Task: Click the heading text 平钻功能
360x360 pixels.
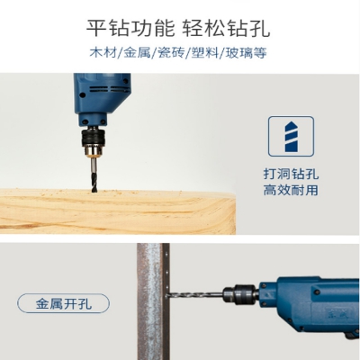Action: point(130,28)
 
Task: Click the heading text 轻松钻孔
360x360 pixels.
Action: point(226,28)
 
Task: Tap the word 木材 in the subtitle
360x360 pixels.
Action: point(103,53)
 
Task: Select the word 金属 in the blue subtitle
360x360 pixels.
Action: point(137,53)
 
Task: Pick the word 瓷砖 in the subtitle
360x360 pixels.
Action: point(171,53)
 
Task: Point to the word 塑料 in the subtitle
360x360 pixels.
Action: point(205,53)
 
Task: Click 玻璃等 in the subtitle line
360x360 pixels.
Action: point(246,53)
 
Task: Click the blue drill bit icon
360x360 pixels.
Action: point(292,137)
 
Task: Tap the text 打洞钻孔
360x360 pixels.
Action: point(291,174)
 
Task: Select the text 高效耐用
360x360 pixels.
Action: point(291,190)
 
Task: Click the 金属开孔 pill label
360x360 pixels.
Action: point(64,303)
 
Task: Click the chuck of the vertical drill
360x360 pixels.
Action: point(94,141)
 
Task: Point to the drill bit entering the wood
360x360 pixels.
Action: point(94,175)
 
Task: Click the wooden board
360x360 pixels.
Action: point(118,211)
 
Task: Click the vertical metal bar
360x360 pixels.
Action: point(153,301)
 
